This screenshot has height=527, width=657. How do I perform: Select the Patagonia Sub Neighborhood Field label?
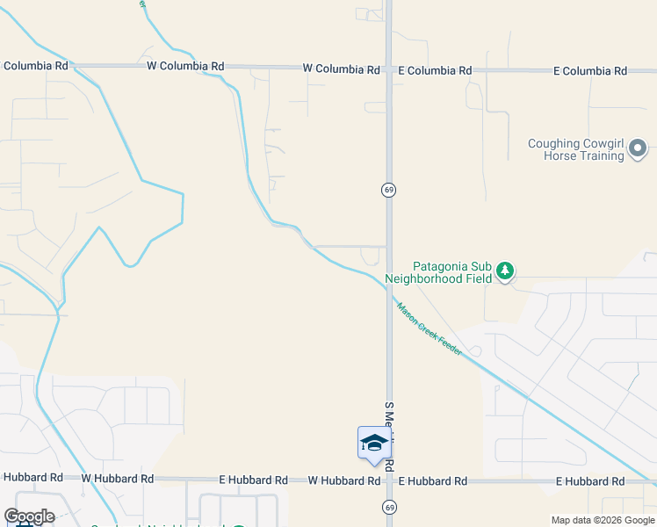[452, 271]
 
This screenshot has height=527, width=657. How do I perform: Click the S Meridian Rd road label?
[389, 436]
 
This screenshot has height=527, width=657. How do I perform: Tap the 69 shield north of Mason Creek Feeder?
[387, 190]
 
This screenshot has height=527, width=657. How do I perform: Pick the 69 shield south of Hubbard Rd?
[387, 507]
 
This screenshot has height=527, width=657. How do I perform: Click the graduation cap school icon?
[373, 442]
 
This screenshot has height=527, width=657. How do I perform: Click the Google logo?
[29, 516]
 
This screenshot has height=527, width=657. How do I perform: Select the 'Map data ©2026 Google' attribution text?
[603, 521]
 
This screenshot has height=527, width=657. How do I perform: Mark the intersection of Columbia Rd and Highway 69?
[388, 68]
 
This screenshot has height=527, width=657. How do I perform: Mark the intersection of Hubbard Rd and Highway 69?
[388, 480]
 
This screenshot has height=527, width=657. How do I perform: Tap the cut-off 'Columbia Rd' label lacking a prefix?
[36, 66]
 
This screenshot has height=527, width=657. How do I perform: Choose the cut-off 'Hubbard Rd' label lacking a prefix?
[32, 478]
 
